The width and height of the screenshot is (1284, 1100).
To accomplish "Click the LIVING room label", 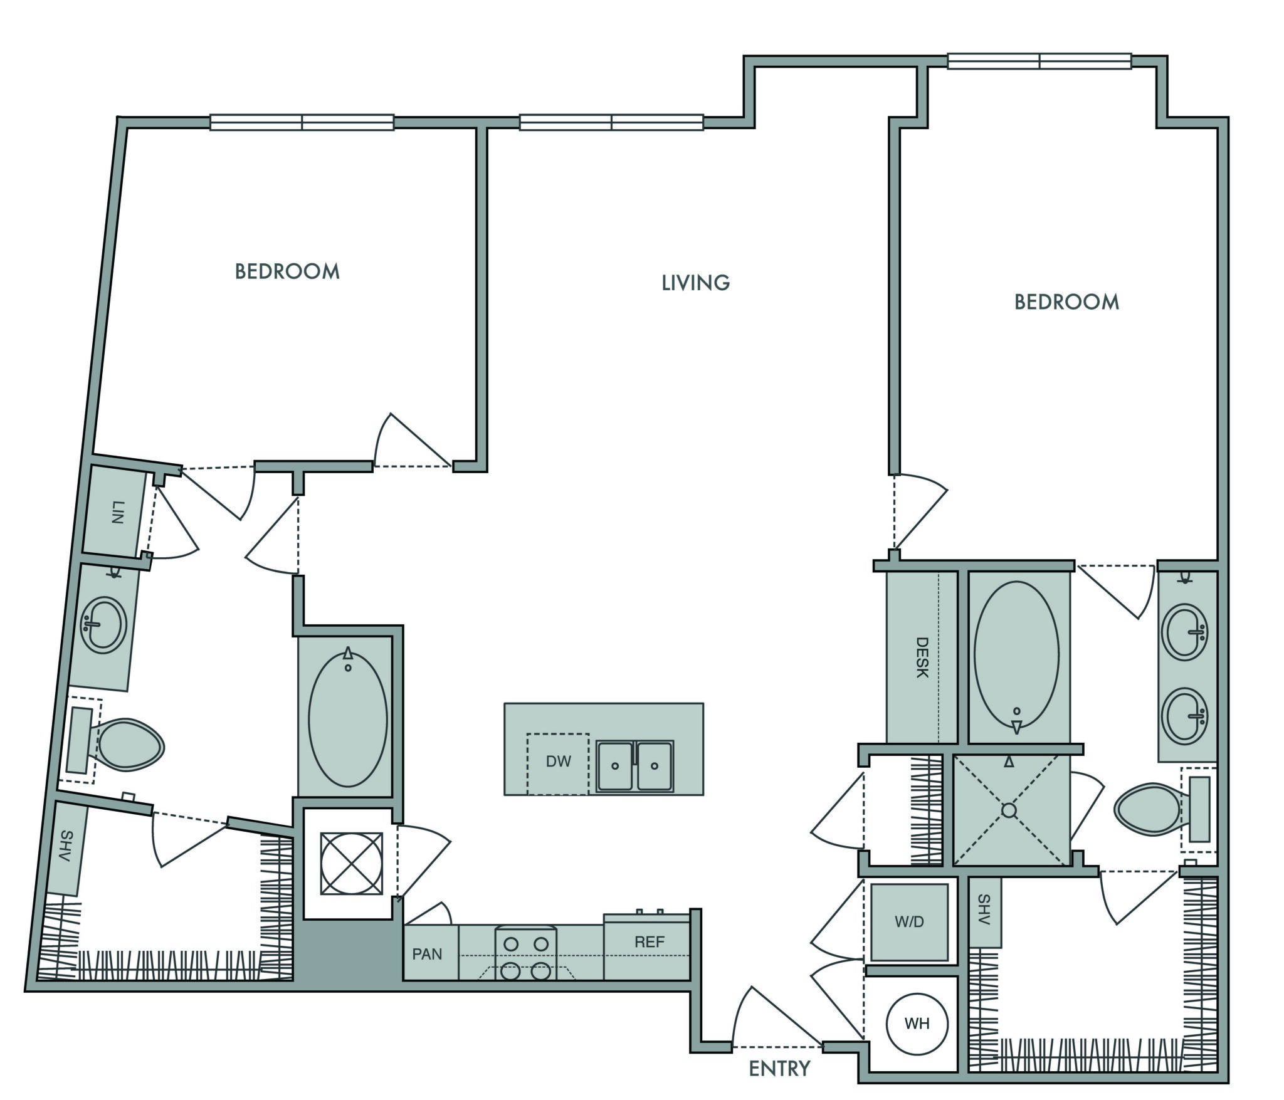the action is pos(696,283).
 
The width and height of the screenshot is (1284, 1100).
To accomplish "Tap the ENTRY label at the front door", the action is pos(779,1069).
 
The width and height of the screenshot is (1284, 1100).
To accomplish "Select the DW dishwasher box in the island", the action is pos(558,763).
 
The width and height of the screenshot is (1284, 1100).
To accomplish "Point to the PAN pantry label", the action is pos(427,954).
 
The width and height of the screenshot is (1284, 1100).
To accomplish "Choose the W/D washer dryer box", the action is pos(910,922).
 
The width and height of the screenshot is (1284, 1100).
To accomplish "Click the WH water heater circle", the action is pos(917,1024).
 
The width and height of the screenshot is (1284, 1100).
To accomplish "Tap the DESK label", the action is pos(921,657).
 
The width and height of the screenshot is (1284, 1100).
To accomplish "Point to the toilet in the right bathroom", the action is pos(1163,809).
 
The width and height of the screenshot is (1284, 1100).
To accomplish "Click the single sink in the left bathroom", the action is pos(105,625).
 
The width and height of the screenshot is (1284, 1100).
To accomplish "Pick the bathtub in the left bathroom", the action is pos(348,718).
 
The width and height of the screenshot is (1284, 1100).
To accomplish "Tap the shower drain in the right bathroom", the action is pos(1009,810).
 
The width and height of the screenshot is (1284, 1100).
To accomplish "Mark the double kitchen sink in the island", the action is pos(634,765).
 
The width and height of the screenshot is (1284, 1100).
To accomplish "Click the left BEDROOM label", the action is pos(287,271).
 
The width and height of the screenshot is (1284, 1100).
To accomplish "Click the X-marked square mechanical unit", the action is pos(351,863).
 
